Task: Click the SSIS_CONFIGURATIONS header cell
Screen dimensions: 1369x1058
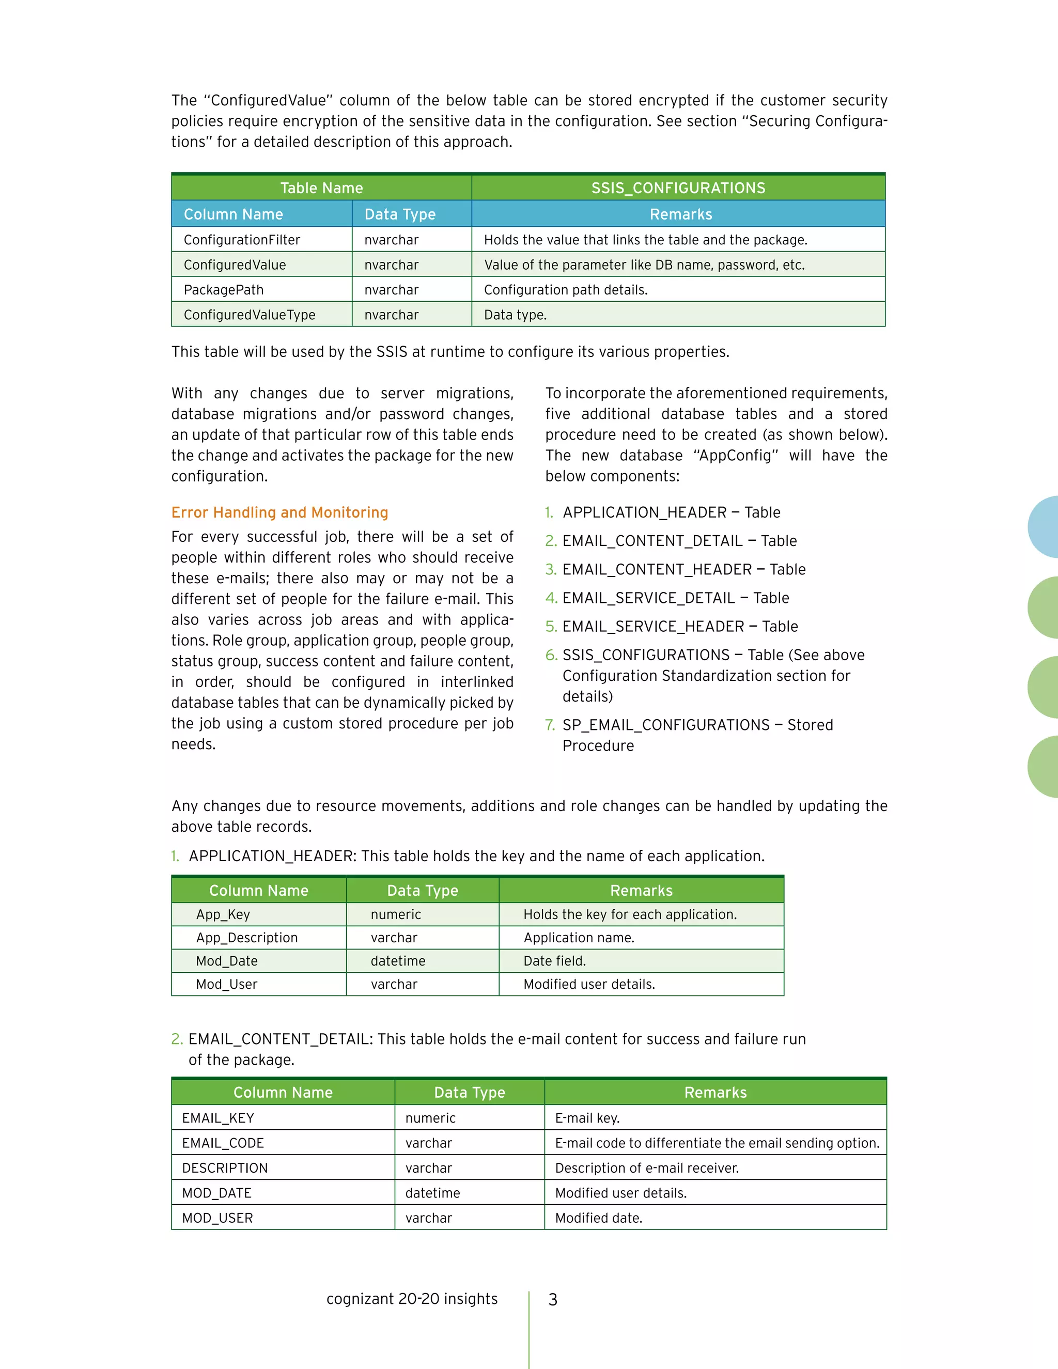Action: (x=678, y=188)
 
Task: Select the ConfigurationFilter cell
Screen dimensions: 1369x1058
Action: (x=242, y=240)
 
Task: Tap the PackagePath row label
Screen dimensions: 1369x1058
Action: (x=224, y=290)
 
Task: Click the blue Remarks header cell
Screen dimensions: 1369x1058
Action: (x=681, y=214)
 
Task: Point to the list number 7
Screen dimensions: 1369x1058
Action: (x=550, y=725)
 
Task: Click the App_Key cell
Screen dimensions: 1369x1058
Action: (x=223, y=914)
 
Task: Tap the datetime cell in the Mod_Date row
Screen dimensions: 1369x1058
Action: (x=398, y=961)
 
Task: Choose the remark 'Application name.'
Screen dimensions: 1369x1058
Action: (x=579, y=938)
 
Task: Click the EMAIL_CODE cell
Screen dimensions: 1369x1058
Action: (x=223, y=1143)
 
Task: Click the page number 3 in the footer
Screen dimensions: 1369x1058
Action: (x=553, y=1299)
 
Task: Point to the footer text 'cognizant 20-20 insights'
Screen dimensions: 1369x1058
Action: (x=412, y=1299)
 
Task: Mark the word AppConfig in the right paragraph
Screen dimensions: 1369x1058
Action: (x=736, y=456)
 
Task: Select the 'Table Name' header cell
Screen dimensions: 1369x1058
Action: (x=321, y=188)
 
